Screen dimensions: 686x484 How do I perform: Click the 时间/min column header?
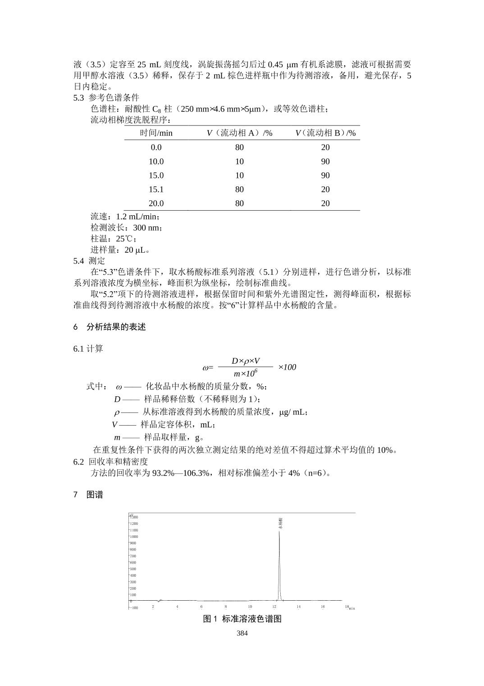(156, 133)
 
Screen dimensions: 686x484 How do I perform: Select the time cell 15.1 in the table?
(156, 190)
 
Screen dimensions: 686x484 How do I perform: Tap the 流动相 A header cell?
(239, 133)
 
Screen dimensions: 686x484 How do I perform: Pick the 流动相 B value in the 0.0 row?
(325, 148)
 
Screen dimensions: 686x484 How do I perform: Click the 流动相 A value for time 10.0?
(239, 162)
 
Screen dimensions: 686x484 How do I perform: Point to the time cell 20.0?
(156, 204)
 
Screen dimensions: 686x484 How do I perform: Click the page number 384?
(242, 633)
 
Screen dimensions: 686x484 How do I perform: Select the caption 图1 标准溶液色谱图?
(242, 619)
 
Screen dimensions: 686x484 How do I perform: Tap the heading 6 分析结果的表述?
(110, 327)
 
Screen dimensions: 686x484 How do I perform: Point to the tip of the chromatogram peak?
(279, 532)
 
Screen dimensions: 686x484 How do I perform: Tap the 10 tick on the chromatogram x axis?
(250, 607)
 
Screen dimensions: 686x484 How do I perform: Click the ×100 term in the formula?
(287, 367)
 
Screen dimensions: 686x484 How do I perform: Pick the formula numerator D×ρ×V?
(246, 361)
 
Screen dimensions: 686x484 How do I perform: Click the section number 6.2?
(78, 462)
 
